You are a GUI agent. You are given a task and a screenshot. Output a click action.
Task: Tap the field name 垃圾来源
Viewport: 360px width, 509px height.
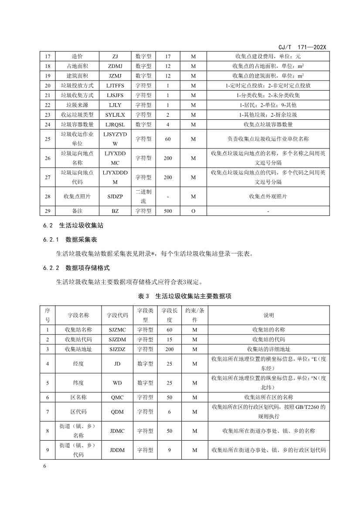tap(77, 105)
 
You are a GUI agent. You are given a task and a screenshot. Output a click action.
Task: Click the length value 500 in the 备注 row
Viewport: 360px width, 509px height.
tap(168, 211)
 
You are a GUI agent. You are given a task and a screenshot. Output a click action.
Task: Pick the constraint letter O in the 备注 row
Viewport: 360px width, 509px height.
tap(193, 211)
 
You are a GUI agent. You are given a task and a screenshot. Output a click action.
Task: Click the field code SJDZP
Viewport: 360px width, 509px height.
tap(115, 196)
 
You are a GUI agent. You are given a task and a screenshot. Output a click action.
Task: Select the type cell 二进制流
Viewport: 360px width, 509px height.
tap(143, 196)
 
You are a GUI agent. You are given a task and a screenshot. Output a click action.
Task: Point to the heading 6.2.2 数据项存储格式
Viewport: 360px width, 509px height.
tap(76, 267)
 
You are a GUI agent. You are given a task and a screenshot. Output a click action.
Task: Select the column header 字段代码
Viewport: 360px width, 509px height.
tap(117, 315)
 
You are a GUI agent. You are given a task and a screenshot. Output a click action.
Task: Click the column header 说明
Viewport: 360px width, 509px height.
tap(268, 315)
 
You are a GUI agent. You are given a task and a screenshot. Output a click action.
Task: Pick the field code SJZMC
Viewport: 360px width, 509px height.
tap(117, 330)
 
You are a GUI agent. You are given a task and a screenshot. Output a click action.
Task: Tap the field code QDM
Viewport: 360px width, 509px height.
tap(117, 397)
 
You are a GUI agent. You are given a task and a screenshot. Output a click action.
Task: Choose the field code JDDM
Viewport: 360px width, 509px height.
tap(117, 450)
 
